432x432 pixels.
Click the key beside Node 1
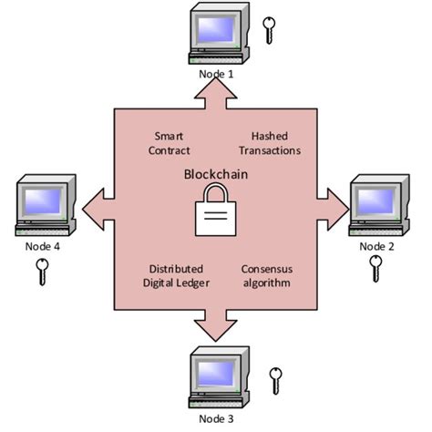[268, 30]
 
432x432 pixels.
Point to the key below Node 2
[375, 268]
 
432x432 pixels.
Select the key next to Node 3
[275, 381]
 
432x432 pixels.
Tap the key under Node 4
[41, 271]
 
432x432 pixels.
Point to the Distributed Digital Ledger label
[175, 276]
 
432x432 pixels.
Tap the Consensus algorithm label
[266, 276]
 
